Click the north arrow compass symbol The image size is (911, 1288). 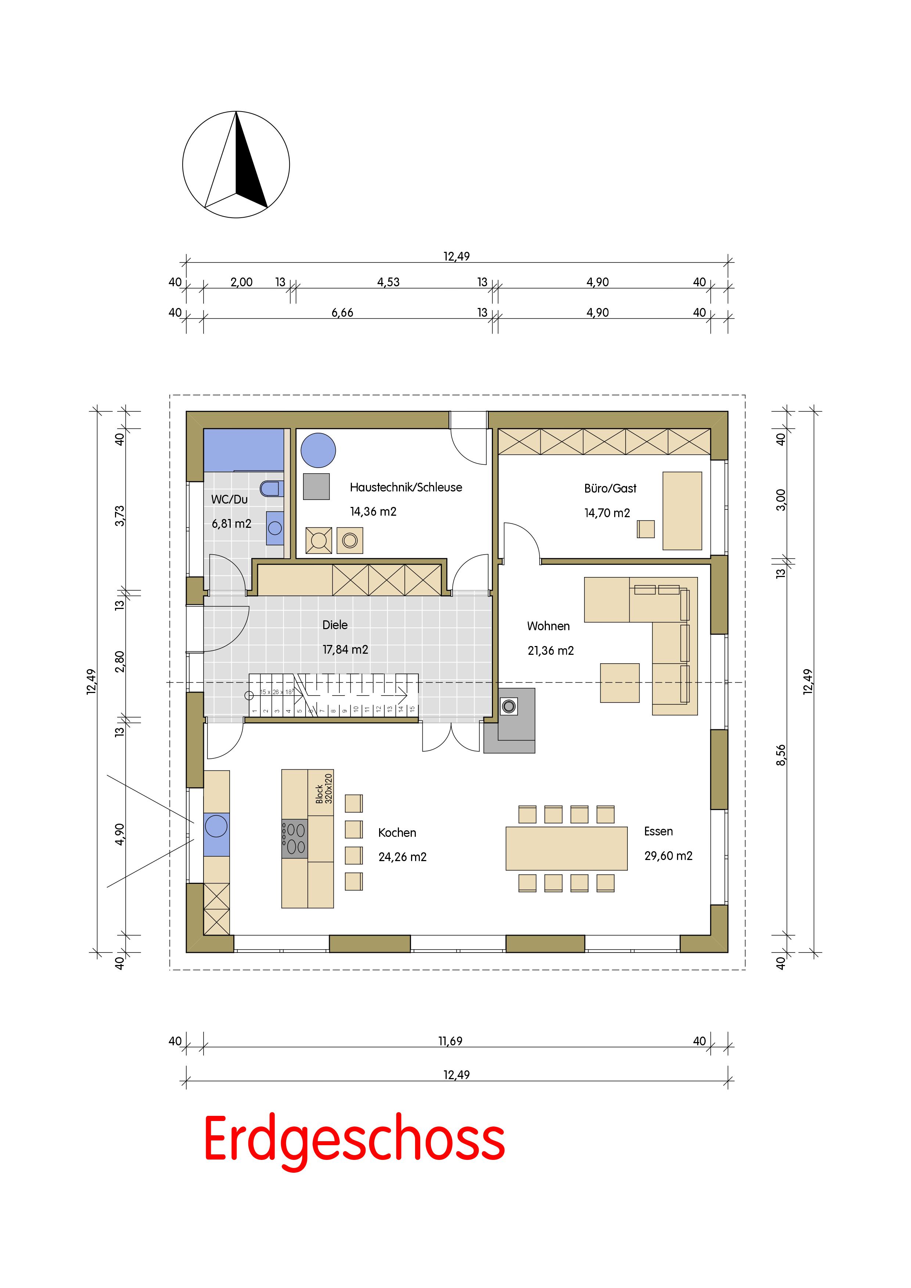(x=236, y=164)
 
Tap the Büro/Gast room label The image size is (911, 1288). (x=610, y=488)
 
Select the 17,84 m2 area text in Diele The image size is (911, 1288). (x=345, y=650)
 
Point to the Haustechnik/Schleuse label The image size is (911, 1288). (x=406, y=487)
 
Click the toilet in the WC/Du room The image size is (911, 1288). (x=272, y=488)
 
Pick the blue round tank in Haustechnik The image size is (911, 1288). (x=318, y=450)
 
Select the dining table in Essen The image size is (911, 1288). (x=566, y=848)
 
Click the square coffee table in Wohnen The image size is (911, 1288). (x=620, y=683)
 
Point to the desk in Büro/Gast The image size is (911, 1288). (x=682, y=511)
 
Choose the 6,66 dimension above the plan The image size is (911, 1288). (x=342, y=312)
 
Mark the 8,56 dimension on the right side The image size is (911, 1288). (x=781, y=755)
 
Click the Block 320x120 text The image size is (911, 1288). (x=324, y=788)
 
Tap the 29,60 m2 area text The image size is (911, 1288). (x=668, y=856)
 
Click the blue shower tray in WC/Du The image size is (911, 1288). (x=244, y=450)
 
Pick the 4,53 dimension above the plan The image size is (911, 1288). (x=388, y=282)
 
